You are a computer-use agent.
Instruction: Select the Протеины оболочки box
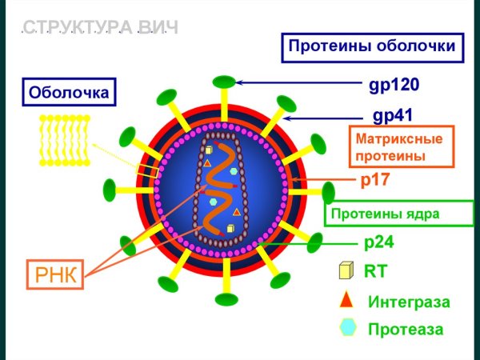(x=372, y=46)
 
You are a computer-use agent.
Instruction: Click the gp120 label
(x=394, y=83)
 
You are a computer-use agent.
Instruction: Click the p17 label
(x=375, y=180)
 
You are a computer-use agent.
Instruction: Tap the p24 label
(x=378, y=240)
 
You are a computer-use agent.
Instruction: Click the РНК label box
(x=56, y=276)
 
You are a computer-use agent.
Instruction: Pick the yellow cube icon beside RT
(x=346, y=271)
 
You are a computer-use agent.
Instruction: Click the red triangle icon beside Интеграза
(x=346, y=300)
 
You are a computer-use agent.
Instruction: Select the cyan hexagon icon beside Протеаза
(x=347, y=328)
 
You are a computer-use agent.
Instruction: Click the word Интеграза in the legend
(x=408, y=302)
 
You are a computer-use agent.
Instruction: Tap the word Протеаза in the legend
(x=405, y=329)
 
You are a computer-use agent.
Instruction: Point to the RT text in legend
(x=375, y=271)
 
